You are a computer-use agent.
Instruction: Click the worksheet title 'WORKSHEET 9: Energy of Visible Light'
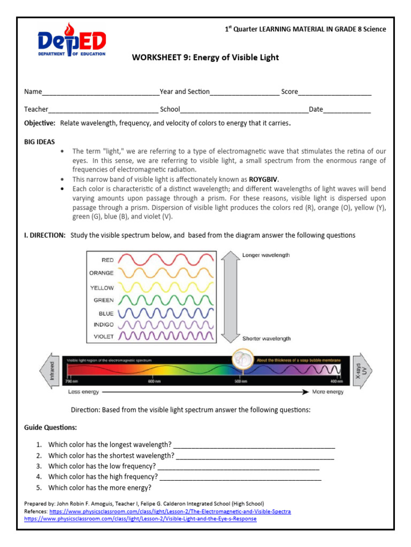(x=205, y=57)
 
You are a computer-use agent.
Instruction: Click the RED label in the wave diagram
(x=107, y=260)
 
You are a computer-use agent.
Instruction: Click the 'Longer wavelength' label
(x=266, y=255)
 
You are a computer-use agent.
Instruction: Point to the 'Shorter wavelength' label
(x=267, y=339)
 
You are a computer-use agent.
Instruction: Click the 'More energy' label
(x=328, y=392)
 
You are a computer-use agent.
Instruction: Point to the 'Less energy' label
(x=83, y=392)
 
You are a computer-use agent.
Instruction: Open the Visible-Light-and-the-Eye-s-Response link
(x=140, y=519)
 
